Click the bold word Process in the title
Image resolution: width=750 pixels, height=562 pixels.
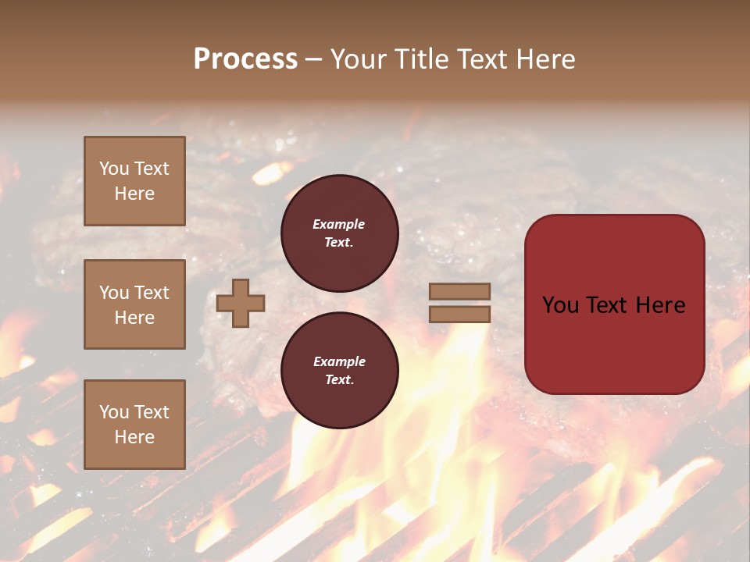(245, 59)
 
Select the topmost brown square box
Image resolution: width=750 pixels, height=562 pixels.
(134, 181)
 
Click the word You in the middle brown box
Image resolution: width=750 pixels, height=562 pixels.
(113, 293)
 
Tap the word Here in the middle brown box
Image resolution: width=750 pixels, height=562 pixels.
(134, 318)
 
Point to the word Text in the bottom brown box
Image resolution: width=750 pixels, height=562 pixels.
(152, 412)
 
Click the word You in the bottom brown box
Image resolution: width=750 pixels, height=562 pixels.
(113, 412)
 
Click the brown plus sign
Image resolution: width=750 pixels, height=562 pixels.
(241, 303)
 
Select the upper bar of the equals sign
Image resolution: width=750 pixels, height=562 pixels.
(459, 291)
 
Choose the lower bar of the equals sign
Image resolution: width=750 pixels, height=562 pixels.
(459, 314)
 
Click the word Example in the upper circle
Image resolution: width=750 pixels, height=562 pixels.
(339, 225)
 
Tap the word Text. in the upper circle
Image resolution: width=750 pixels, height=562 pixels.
(339, 242)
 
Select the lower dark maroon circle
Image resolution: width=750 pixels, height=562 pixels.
(339, 371)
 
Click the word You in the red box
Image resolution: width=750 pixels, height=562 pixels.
(559, 305)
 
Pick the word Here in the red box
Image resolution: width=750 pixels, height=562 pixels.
(661, 305)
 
